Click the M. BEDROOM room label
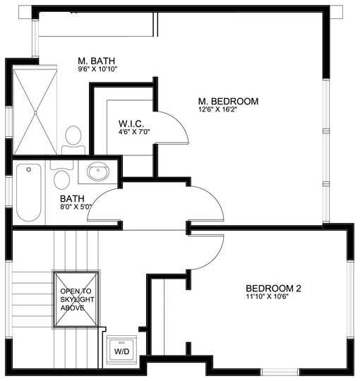(x=228, y=102)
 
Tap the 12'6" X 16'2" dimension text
(x=217, y=109)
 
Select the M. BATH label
(x=96, y=61)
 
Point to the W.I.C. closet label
(x=131, y=123)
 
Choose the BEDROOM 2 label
(x=273, y=289)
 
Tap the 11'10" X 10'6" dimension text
(x=267, y=296)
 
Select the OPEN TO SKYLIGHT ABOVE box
(x=76, y=299)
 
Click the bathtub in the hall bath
(x=29, y=193)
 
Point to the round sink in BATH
(x=98, y=171)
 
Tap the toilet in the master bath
(x=73, y=140)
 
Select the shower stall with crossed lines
(x=35, y=112)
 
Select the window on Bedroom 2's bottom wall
(x=280, y=372)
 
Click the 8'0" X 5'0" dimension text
(x=76, y=207)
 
